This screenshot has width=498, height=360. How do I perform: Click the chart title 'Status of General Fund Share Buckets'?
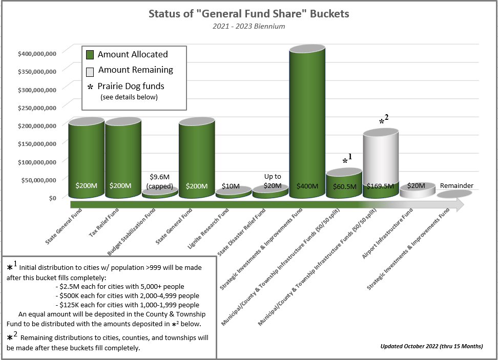(x=248, y=14)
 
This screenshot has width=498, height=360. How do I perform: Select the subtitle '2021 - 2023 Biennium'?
(x=248, y=26)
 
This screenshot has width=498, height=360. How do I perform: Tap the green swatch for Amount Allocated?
(x=90, y=54)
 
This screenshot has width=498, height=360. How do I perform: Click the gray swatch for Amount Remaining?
(x=90, y=71)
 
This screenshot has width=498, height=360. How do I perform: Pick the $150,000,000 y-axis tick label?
(x=37, y=143)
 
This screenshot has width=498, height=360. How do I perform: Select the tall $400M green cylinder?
(x=307, y=123)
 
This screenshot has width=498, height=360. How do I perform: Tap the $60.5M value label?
(x=344, y=186)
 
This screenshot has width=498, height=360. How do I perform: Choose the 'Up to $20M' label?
(x=273, y=181)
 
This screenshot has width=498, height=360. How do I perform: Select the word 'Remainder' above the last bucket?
(x=456, y=185)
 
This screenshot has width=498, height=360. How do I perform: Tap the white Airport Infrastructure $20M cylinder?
(x=417, y=190)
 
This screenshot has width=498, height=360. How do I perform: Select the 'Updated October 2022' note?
(x=431, y=346)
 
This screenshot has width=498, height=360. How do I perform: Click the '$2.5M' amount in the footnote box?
(x=69, y=286)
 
